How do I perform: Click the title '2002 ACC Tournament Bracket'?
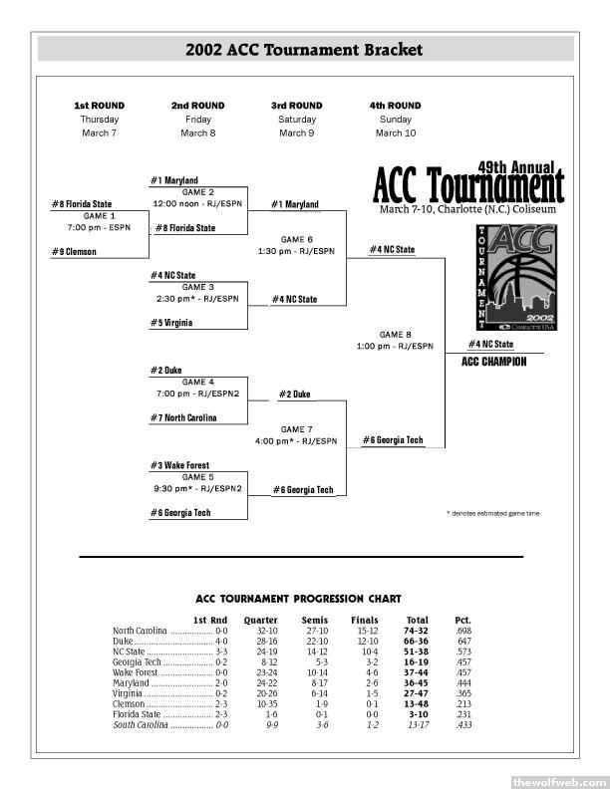pos(304,50)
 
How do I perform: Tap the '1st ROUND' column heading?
pos(100,106)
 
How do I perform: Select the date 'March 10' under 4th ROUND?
pos(396,133)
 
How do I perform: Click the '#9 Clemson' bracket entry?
pos(75,252)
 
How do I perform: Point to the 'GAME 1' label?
pos(100,215)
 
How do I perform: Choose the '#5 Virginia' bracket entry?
pos(172,323)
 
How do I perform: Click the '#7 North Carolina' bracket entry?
pos(184,418)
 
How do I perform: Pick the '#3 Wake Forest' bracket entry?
pos(180,465)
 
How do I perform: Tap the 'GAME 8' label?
pos(396,335)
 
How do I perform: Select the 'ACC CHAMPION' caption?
pos(494,363)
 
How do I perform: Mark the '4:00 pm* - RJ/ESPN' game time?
pos(296,440)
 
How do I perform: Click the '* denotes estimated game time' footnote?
pos(493,514)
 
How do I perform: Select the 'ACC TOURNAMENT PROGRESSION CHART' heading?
pos(299,599)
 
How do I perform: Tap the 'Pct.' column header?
pos(462,621)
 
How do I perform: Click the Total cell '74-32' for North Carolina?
pos(416,632)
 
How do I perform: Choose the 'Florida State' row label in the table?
pos(137,714)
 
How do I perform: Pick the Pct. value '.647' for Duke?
pos(463,642)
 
